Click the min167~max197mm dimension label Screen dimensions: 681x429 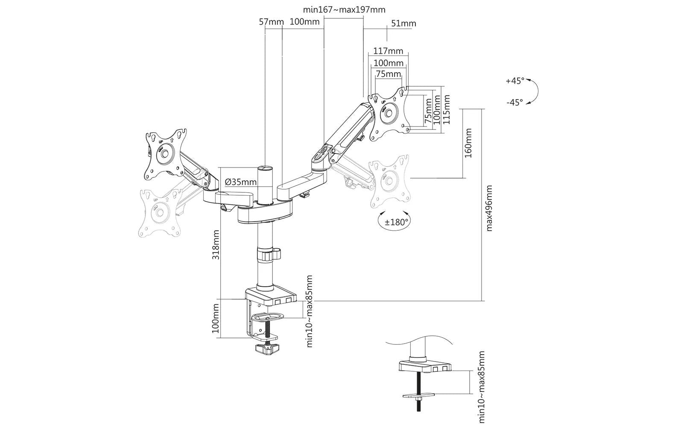click(x=344, y=10)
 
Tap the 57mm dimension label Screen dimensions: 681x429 click(x=271, y=22)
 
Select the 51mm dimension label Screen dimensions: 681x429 click(x=403, y=24)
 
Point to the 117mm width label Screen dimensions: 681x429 click(x=388, y=51)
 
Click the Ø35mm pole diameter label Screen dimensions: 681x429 click(x=240, y=182)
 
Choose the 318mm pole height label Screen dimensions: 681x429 click(x=216, y=244)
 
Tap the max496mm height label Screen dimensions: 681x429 click(x=489, y=208)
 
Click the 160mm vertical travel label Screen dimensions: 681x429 click(x=468, y=143)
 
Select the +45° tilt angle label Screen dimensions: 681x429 click(x=515, y=81)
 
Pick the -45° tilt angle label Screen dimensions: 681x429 click(x=515, y=103)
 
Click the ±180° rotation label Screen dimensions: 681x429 click(x=396, y=222)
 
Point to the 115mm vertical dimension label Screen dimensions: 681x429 click(x=446, y=109)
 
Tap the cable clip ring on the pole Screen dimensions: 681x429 click(x=269, y=254)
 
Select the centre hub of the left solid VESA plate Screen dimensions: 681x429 click(x=164, y=153)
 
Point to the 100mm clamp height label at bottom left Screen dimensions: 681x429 click(x=216, y=318)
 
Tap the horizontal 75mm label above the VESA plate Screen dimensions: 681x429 click(x=389, y=73)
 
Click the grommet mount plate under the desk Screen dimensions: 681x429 click(x=418, y=396)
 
